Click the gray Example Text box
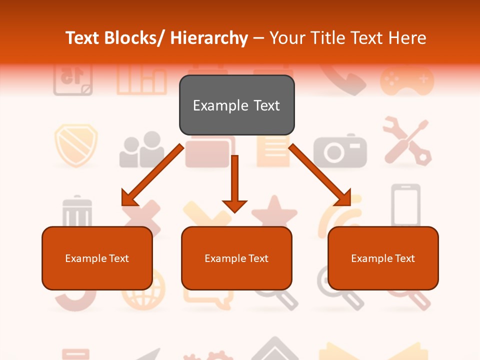pos(236,105)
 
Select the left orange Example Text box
pos(97,258)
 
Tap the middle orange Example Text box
pos(236,258)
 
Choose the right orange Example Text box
pos(383,258)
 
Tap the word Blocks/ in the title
pos(134,38)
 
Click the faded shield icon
pos(75,144)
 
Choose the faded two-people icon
pos(142,150)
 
